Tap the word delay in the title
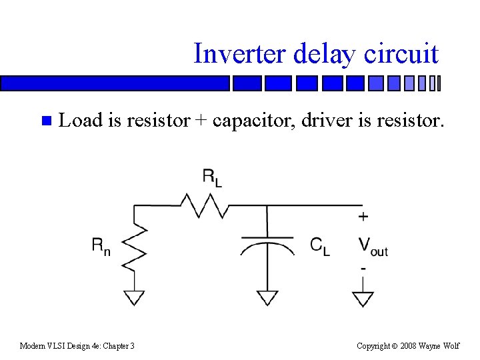pyautogui.click(x=323, y=53)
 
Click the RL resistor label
pyautogui.click(x=212, y=178)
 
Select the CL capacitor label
pyautogui.click(x=319, y=246)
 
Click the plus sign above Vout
pyautogui.click(x=363, y=217)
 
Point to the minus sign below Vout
pyautogui.click(x=363, y=268)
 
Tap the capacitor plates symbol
pyautogui.click(x=267, y=243)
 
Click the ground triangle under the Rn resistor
pyautogui.click(x=135, y=297)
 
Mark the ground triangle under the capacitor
pyautogui.click(x=267, y=297)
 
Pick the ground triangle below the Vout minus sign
pyautogui.click(x=363, y=298)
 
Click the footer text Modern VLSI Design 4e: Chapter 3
pyautogui.click(x=77, y=345)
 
